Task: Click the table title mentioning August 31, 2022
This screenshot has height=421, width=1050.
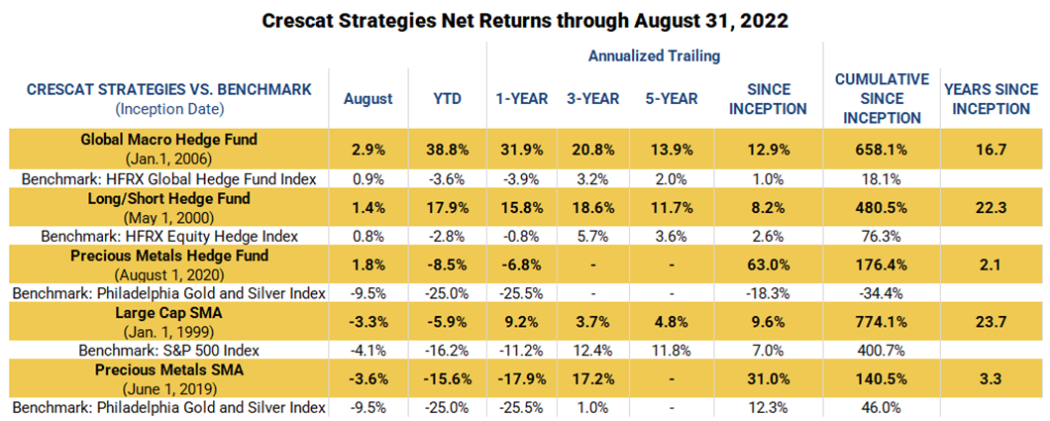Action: [525, 20]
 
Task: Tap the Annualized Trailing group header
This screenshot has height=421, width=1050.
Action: [655, 56]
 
